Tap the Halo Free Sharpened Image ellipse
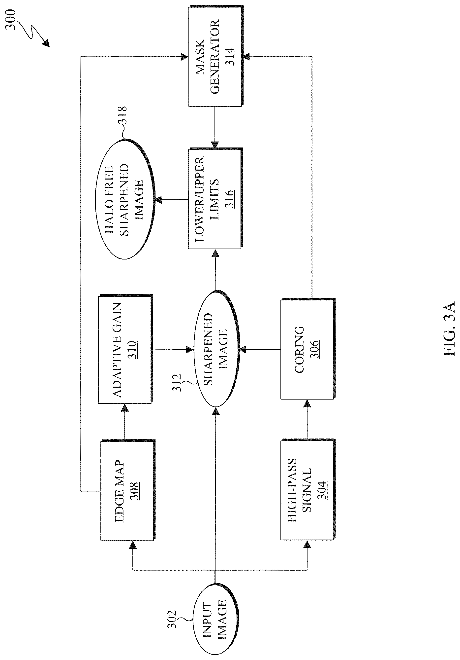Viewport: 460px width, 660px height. point(125,199)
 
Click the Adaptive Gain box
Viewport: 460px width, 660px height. point(125,349)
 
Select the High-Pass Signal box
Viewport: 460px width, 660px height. point(307,490)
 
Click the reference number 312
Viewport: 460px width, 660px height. point(177,382)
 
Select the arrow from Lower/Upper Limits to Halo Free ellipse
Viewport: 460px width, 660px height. point(171,199)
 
